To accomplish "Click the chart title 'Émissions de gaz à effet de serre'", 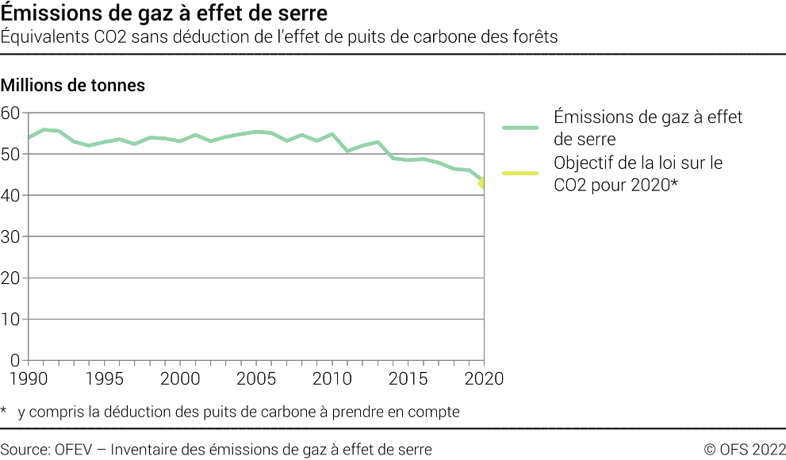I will (163, 14).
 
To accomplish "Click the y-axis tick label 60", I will (11, 113).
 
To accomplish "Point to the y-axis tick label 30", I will (11, 237).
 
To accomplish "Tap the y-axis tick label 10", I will (11, 320).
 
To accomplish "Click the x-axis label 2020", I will (483, 379).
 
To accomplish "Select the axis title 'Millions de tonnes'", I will (73, 86).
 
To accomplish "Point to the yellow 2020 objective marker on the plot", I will (482, 185).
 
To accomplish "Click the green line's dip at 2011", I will (347, 151).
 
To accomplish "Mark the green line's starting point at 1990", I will (29, 137).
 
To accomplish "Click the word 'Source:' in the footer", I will (25, 450).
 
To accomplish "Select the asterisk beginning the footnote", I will (5, 411).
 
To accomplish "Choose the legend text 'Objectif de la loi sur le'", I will (638, 163).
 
